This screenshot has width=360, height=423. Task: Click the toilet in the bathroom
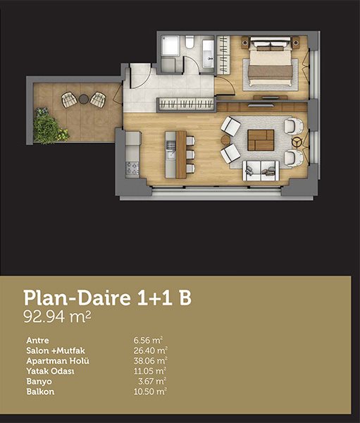pyautogui.click(x=190, y=42)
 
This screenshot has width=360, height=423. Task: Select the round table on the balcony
pyautogui.click(x=84, y=99)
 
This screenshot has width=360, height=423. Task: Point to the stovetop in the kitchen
pyautogui.click(x=132, y=168)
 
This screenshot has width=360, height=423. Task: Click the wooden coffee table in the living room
pyautogui.click(x=261, y=140)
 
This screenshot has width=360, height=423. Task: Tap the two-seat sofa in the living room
pyautogui.click(x=261, y=171)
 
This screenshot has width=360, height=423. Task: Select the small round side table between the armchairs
pyautogui.click(x=225, y=140)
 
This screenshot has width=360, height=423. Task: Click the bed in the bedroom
pyautogui.click(x=271, y=62)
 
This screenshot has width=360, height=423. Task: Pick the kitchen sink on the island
pyautogui.click(x=170, y=155)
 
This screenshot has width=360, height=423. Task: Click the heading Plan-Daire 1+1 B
pyautogui.click(x=108, y=298)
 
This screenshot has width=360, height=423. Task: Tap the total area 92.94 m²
pyautogui.click(x=57, y=317)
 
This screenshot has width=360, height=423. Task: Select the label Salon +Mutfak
pyautogui.click(x=56, y=350)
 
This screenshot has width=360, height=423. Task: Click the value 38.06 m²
pyautogui.click(x=151, y=361)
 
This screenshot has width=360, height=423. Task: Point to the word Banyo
pyautogui.click(x=39, y=381)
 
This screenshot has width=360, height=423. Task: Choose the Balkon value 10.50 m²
pyautogui.click(x=149, y=392)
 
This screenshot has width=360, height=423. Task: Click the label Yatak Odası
pyautogui.click(x=50, y=372)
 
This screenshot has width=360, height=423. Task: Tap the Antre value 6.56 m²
pyautogui.click(x=149, y=341)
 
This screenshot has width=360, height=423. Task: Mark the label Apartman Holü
pyautogui.click(x=58, y=361)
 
